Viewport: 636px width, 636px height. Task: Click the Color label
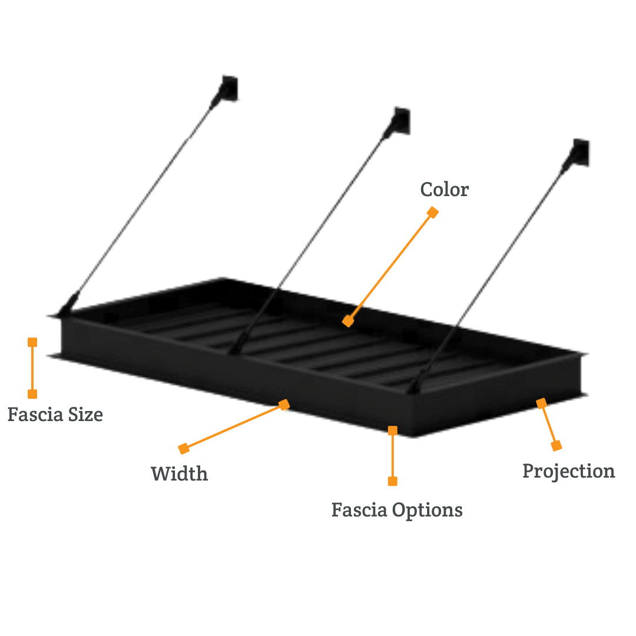445,190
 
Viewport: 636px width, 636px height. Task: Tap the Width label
179,473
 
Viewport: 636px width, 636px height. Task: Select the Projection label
569,471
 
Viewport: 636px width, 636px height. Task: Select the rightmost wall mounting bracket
579,152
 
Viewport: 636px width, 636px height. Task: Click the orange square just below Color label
433,212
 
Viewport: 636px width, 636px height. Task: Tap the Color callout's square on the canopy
348,322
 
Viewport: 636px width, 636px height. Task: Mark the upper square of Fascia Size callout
32,342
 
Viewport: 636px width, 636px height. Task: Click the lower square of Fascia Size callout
32,394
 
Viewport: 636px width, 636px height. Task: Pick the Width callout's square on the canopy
284,405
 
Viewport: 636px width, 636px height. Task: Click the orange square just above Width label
184,449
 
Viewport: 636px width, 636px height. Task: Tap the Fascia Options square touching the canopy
393,430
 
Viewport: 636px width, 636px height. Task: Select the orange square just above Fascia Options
393,481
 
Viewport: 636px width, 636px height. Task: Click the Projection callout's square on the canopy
542,403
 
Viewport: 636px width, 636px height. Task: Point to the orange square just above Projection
556,446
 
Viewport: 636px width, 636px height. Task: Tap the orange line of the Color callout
390,267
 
